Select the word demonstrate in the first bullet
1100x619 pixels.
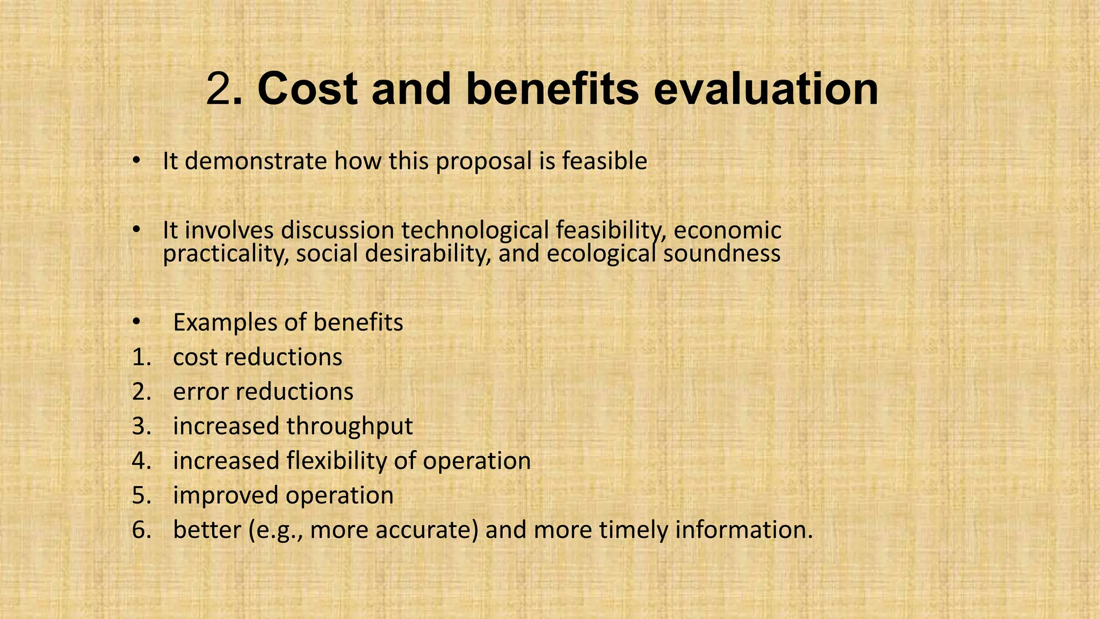tap(255, 161)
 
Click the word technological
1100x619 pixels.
tap(475, 231)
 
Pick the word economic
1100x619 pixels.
tap(727, 231)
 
